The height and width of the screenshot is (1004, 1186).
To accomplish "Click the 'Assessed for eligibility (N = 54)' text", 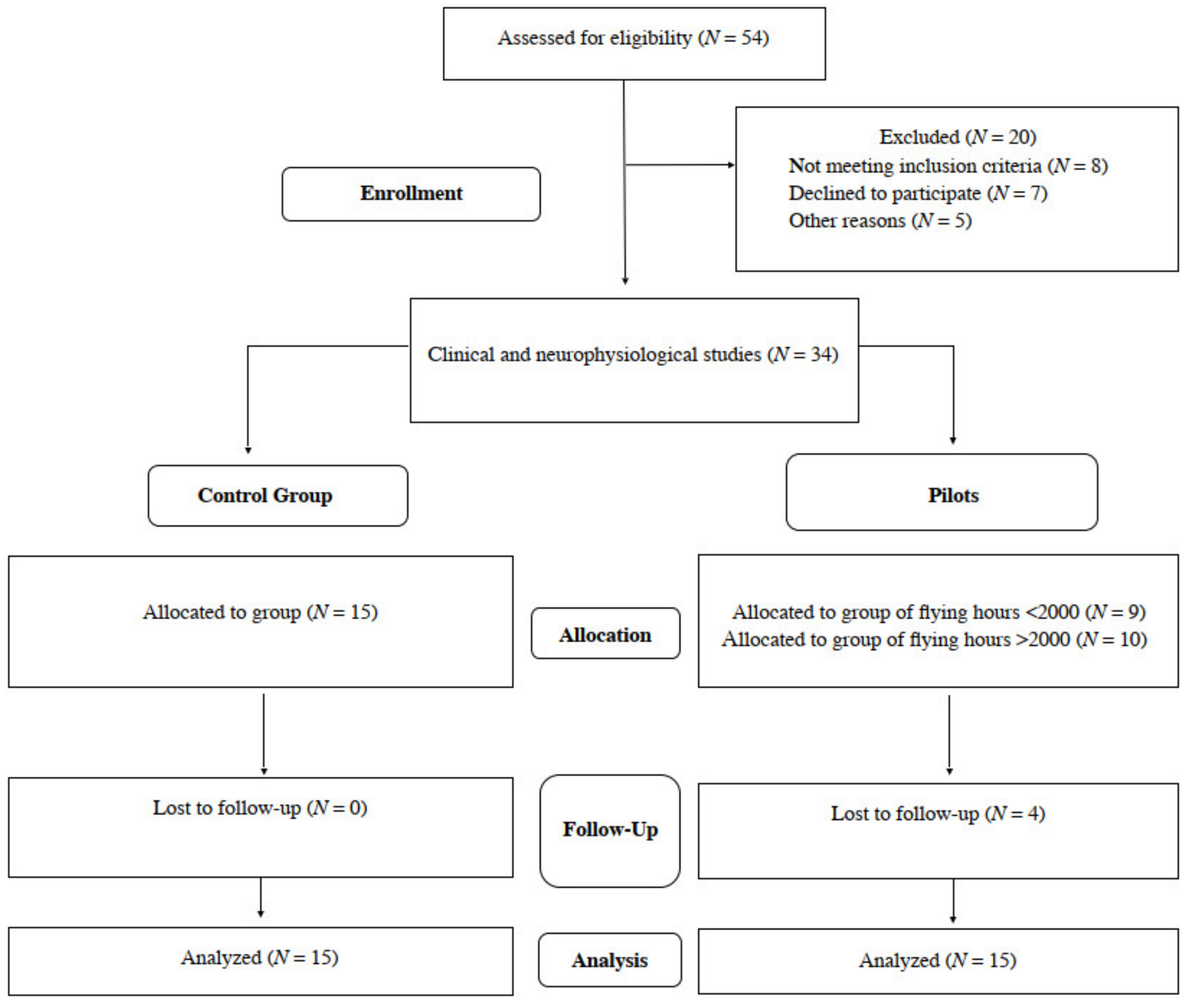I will [633, 38].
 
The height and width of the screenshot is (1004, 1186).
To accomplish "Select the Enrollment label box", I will [411, 193].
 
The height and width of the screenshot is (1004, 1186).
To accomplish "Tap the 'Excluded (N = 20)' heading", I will [957, 137].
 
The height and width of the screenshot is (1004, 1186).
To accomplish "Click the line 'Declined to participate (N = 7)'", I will [917, 193].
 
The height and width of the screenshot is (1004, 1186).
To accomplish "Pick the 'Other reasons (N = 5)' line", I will [880, 220].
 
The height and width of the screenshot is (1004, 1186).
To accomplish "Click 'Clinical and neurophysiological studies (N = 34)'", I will [632, 354].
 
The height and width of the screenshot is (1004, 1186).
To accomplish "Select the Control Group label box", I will [277, 495].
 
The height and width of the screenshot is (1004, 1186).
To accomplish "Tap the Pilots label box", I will [941, 493].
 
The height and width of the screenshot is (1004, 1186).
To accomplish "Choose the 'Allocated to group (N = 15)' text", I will [260, 613].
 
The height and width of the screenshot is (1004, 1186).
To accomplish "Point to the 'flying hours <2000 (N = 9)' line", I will [938, 613].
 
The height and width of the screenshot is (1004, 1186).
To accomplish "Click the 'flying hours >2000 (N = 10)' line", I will [934, 640].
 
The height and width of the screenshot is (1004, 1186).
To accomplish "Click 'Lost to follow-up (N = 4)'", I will [937, 814].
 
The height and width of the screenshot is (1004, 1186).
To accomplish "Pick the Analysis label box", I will [609, 960].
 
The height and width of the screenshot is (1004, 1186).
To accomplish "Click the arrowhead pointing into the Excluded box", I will [731, 165].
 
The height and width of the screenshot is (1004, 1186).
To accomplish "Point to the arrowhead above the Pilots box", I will [953, 440].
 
